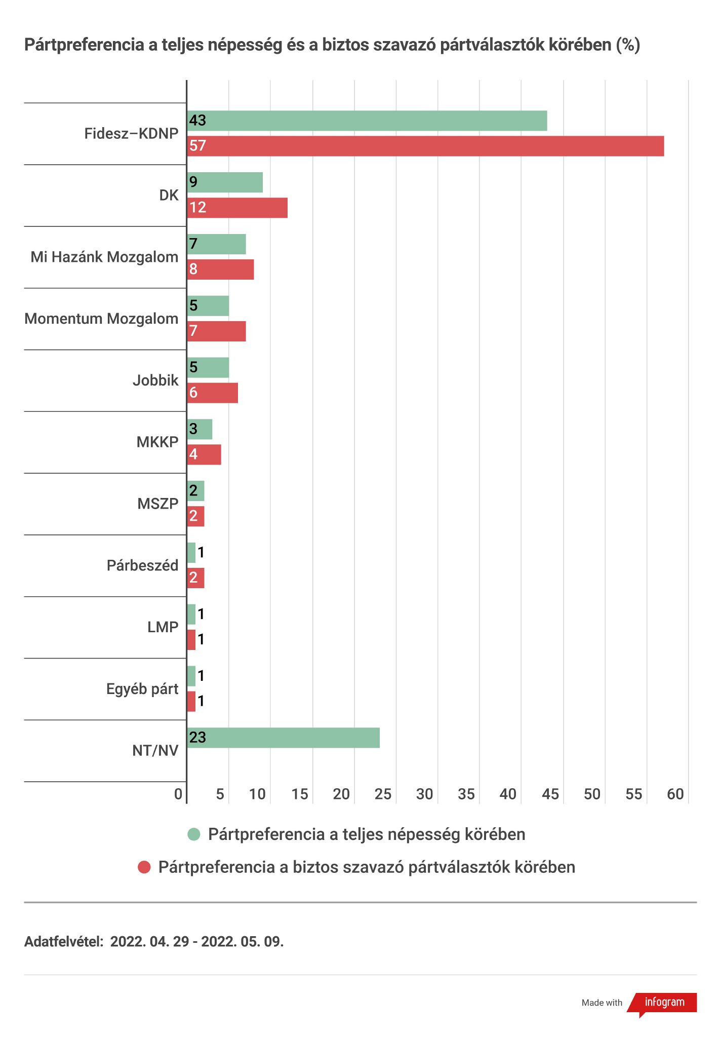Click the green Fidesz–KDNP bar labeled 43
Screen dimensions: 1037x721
(x=367, y=121)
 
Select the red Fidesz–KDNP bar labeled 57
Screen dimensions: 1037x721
(x=425, y=146)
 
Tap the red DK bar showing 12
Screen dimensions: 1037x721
(x=237, y=208)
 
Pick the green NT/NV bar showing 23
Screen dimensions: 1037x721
(x=284, y=738)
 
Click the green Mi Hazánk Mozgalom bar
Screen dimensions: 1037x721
(x=217, y=244)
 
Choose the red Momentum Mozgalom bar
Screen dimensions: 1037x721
(x=217, y=331)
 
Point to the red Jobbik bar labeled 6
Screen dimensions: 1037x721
(x=213, y=393)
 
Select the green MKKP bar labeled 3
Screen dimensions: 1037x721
(x=200, y=429)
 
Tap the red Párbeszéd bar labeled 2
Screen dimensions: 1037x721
(x=196, y=578)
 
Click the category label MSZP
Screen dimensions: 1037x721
(x=157, y=504)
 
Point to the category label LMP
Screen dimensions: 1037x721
(x=163, y=627)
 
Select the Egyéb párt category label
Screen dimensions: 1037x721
(x=142, y=689)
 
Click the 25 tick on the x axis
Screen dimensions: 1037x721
(x=383, y=794)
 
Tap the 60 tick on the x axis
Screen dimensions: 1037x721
(x=675, y=794)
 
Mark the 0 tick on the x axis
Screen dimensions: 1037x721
(x=178, y=794)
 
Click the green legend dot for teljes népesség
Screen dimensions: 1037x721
(x=194, y=834)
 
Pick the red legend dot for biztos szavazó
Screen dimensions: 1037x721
(x=144, y=867)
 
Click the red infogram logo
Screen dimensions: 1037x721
(x=664, y=1002)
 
